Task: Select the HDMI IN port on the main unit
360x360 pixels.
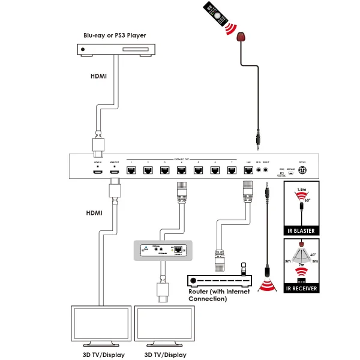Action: pyautogui.click(x=97, y=172)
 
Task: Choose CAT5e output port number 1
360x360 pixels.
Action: pyautogui.click(x=130, y=170)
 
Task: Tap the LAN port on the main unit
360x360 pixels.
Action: pyautogui.click(x=248, y=170)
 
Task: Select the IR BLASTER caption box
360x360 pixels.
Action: pyautogui.click(x=301, y=231)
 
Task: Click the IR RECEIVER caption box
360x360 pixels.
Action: pyautogui.click(x=301, y=289)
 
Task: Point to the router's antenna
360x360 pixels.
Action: pyautogui.click(x=243, y=268)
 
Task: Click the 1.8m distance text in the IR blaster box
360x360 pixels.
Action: pyautogui.click(x=301, y=189)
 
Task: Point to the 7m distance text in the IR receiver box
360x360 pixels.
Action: pyautogui.click(x=300, y=265)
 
